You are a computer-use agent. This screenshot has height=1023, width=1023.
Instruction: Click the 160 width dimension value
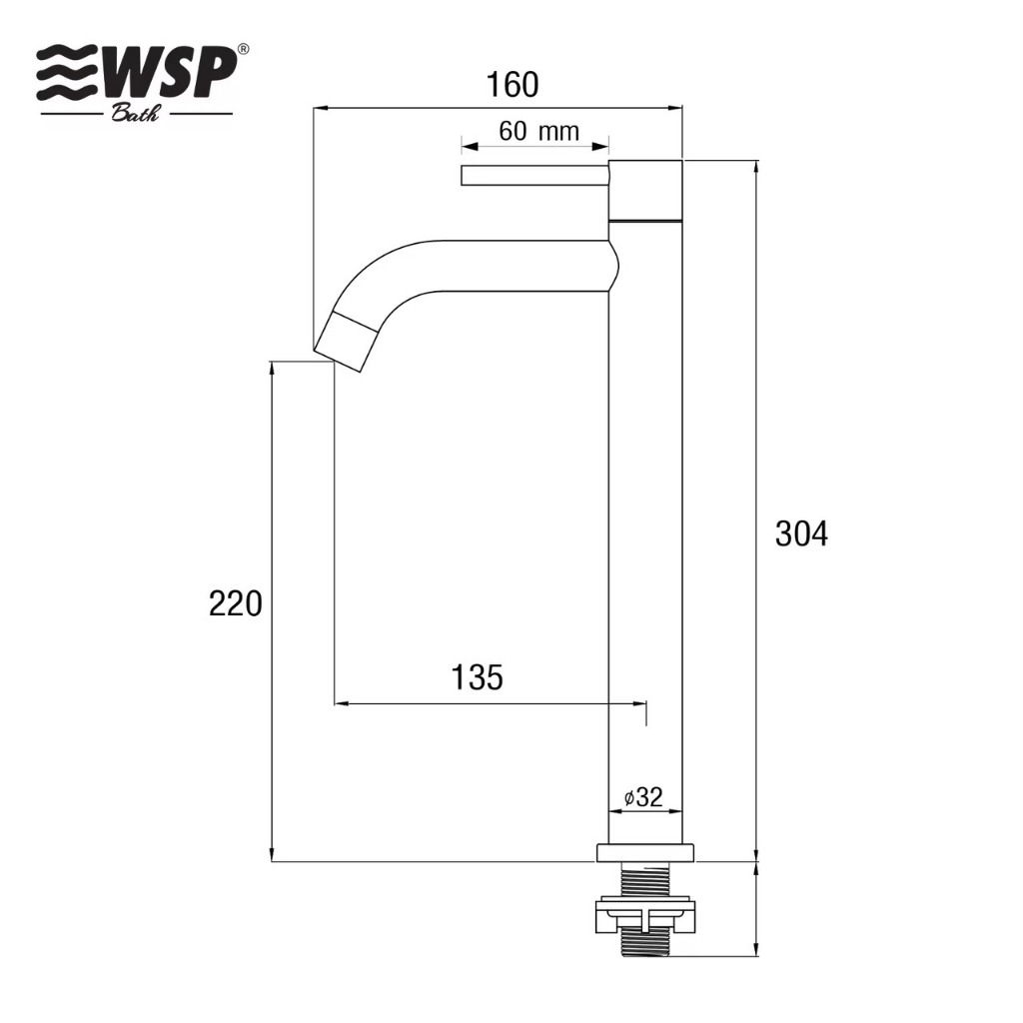click(512, 85)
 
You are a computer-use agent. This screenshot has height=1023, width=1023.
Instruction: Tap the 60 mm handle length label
click(538, 131)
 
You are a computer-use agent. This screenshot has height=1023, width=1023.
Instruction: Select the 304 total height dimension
click(802, 533)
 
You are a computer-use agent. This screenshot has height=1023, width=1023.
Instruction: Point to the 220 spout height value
click(236, 603)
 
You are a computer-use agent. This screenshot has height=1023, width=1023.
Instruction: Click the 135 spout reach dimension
click(477, 677)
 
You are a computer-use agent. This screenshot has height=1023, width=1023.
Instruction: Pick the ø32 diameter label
click(643, 796)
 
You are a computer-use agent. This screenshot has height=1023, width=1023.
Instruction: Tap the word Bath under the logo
click(135, 114)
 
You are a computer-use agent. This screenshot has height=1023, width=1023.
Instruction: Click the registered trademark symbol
click(242, 50)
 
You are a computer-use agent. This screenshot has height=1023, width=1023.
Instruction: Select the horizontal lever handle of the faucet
click(535, 176)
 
